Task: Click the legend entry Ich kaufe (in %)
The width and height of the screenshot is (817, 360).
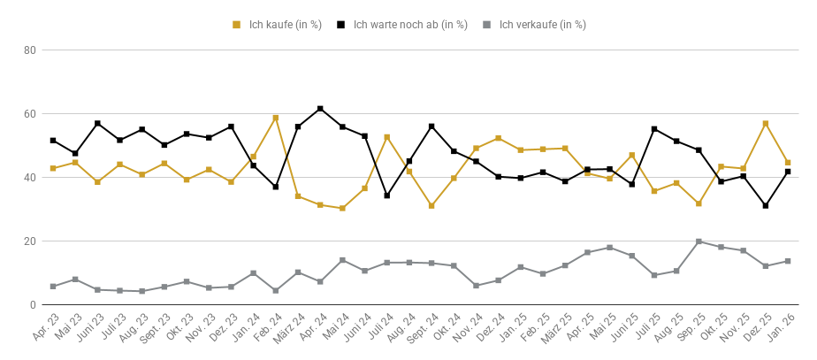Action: click(278, 25)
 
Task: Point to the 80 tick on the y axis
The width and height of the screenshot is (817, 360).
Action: click(29, 50)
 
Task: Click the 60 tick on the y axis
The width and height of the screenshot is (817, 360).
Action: click(29, 114)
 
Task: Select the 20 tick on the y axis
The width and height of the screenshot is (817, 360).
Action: click(29, 241)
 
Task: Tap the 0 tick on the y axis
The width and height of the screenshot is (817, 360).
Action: click(32, 305)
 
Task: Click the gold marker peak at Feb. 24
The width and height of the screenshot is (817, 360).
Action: click(276, 118)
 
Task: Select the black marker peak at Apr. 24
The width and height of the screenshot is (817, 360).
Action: click(320, 109)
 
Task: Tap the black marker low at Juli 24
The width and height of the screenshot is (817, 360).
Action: click(387, 195)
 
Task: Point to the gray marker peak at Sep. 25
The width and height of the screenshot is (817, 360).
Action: click(699, 241)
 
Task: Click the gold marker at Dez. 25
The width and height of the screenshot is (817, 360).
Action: click(766, 124)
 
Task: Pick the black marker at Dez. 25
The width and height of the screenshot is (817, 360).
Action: click(766, 206)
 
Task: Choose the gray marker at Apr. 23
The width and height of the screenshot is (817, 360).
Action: click(53, 287)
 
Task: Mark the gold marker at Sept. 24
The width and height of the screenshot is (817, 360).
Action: click(431, 206)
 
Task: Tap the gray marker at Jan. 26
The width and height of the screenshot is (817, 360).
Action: click(788, 261)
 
